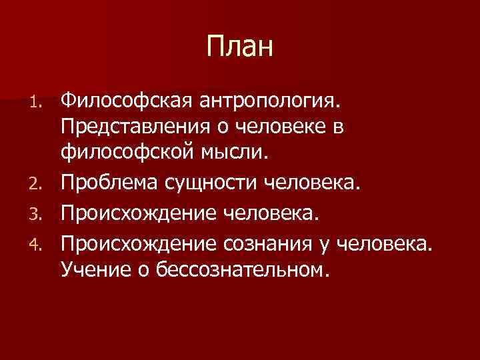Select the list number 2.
click(x=43, y=179)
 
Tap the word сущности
click(x=213, y=178)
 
